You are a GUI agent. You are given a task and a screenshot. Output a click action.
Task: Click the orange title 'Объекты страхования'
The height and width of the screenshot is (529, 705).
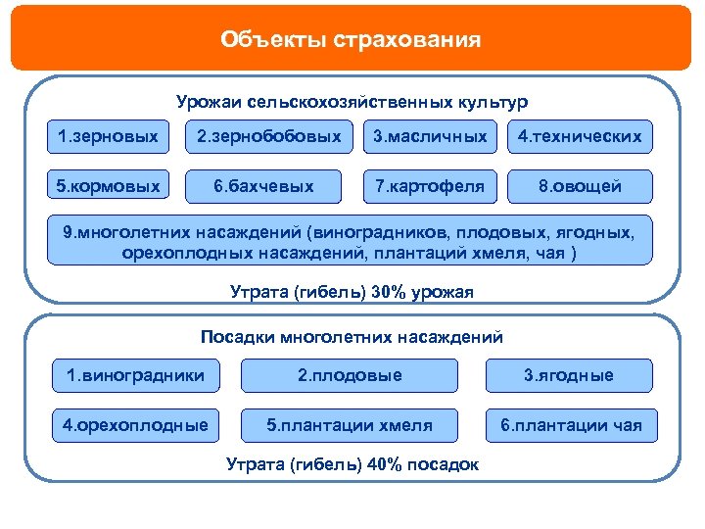[352, 40]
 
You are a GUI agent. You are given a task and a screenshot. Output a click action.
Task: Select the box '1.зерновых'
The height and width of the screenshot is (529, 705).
[108, 137]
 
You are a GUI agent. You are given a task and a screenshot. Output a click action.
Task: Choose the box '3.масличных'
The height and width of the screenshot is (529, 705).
[430, 137]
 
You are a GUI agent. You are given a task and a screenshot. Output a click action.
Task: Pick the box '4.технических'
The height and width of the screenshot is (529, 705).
[581, 137]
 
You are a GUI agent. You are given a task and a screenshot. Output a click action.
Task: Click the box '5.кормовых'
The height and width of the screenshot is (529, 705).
[108, 186]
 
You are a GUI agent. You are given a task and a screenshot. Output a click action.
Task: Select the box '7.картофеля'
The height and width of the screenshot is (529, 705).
[430, 186]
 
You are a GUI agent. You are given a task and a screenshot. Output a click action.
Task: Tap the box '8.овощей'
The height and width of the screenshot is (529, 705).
[581, 186]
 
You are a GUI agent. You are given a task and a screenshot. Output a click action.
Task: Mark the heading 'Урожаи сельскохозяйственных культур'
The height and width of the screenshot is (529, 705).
[352, 102]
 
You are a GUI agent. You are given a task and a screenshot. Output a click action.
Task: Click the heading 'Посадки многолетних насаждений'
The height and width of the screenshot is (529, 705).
[352, 337]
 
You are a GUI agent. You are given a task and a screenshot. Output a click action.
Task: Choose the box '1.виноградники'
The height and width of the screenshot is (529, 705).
[135, 375]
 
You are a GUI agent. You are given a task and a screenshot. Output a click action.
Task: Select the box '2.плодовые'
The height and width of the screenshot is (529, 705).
[350, 375]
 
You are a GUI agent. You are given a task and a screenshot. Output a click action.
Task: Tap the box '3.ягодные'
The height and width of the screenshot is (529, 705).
[569, 375]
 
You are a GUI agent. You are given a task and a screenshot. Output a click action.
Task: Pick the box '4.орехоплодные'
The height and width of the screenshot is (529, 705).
[135, 426]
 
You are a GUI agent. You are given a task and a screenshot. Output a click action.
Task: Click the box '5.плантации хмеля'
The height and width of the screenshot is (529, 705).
[350, 426]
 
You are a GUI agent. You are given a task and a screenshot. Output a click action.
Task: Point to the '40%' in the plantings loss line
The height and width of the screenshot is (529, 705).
[384, 464]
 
